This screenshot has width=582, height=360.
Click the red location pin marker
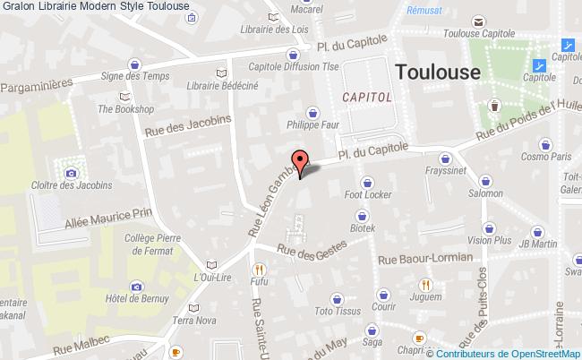tap(302, 159)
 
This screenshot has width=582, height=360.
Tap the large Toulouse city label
tap(438, 72)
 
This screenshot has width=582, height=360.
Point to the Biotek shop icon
tap(363, 216)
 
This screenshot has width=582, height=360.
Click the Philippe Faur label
tap(313, 125)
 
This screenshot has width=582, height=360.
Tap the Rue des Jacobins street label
tap(187, 129)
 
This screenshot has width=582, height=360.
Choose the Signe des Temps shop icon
tap(134, 64)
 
